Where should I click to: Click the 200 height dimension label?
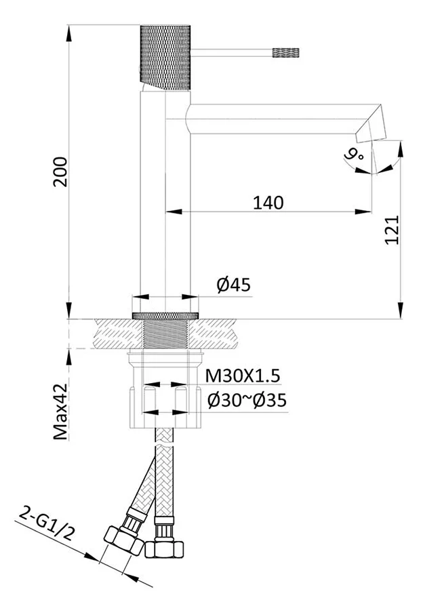coord(60,172)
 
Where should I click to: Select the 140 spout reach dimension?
coord(268,203)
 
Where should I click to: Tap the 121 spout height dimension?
coord(392,230)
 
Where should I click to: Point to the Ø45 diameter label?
coord(233,285)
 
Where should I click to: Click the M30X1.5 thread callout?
coord(243,376)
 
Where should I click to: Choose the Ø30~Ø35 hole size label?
coord(247,401)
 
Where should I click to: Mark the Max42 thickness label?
coord(60,412)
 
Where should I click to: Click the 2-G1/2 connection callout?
coord(46,523)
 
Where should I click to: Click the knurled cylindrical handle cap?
coord(165,58)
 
